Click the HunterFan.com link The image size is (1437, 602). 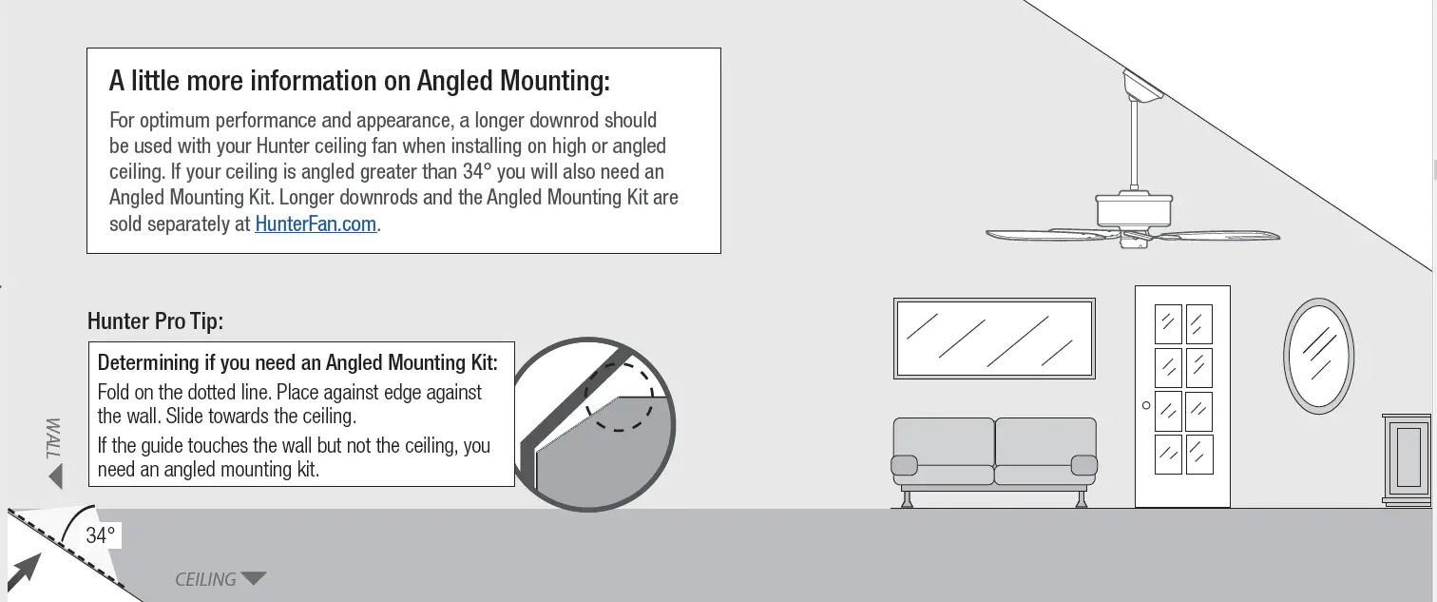click(316, 225)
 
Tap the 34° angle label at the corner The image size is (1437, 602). click(100, 535)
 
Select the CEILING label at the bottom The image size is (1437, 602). click(205, 579)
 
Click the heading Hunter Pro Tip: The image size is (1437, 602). click(155, 321)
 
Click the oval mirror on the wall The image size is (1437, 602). click(1318, 356)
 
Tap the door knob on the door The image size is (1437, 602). click(1146, 405)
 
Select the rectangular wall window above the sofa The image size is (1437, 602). click(994, 338)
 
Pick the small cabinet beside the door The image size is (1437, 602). click(1406, 456)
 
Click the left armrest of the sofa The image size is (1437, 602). click(904, 465)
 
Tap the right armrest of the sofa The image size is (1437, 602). click(1083, 465)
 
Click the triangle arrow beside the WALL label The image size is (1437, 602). click(55, 476)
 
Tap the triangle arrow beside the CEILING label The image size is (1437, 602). click(254, 578)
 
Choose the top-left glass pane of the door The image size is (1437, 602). click(1167, 324)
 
